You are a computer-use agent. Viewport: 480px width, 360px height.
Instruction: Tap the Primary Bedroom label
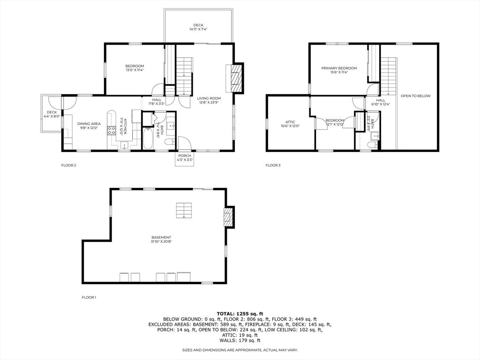coord(339,68)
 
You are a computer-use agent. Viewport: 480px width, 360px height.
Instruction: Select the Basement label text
coord(161,237)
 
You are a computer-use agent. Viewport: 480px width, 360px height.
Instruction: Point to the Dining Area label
coord(89,123)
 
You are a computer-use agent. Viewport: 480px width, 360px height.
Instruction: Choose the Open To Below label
coord(415,96)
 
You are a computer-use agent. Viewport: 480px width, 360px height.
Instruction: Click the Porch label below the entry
coord(184,156)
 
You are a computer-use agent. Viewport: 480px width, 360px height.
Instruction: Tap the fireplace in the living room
coord(238,77)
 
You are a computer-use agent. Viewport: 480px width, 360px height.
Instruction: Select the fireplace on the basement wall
coord(228,217)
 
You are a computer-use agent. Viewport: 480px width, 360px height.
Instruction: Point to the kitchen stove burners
coord(112,130)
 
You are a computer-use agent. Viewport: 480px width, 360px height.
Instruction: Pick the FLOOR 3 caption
coord(273,165)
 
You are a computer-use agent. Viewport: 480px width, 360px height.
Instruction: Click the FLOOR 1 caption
coord(89,297)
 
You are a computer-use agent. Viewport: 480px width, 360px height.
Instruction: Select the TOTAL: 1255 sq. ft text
coord(240,313)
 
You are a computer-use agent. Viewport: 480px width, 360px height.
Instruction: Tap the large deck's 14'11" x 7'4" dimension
coord(198,30)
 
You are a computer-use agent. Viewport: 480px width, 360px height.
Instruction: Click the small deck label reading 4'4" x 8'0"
coord(52,116)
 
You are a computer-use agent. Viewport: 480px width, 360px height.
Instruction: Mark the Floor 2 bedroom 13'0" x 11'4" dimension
coord(135,70)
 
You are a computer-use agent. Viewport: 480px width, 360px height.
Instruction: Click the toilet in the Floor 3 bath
coord(370,146)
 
